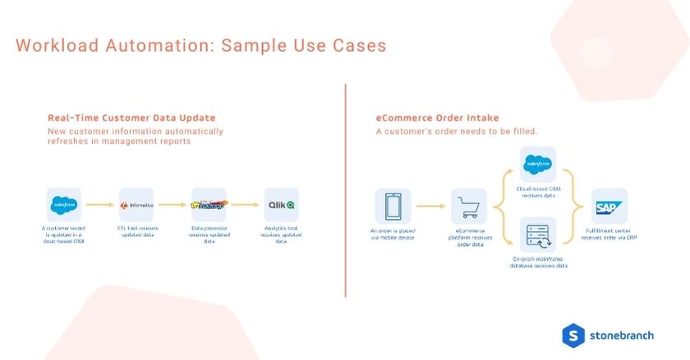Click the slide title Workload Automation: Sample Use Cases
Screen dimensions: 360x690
200,45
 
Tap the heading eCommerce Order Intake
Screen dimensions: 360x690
436,118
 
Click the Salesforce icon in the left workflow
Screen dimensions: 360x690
64,204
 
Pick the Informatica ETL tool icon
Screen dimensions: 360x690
136,204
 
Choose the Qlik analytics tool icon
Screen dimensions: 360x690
281,204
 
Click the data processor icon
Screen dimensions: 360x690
209,204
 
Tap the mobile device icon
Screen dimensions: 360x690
392,207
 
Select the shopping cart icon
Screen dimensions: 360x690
468,207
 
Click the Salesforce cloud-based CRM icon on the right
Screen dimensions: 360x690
538,164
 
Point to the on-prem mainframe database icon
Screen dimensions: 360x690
538,235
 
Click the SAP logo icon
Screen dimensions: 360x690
610,207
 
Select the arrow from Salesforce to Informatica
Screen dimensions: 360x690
100,205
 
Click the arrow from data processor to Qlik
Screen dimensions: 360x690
245,205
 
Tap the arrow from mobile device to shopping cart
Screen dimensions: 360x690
430,207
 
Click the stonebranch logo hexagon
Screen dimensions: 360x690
573,335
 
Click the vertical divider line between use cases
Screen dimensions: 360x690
346,189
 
